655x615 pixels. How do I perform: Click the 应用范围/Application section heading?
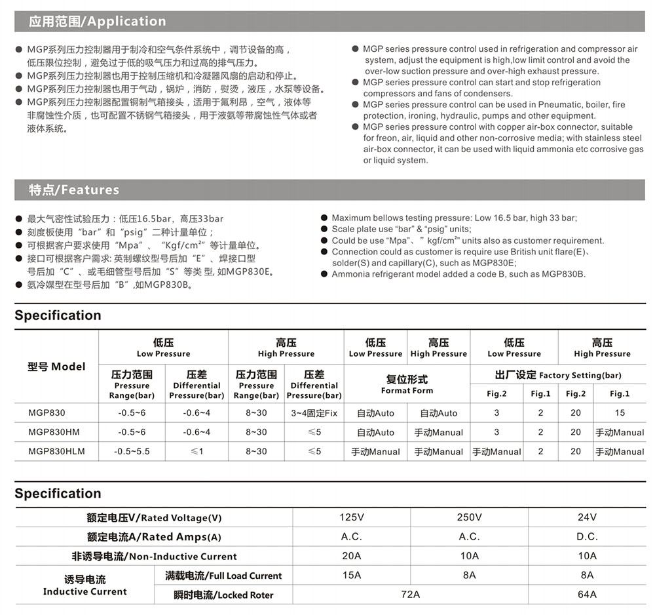97,22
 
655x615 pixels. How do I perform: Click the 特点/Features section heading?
73,190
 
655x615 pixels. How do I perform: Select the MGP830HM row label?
54,432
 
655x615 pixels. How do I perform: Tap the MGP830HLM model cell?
56,451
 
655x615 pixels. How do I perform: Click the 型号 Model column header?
56,367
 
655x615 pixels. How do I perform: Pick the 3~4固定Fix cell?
314,413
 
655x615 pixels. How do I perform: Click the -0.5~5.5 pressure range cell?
132,451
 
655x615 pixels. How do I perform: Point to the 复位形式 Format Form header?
407,384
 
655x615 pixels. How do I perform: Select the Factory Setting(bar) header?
557,375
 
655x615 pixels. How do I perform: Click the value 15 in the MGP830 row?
619,413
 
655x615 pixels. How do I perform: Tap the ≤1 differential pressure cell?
196,451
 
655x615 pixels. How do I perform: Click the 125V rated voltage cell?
351,517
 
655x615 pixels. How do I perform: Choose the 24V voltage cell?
587,517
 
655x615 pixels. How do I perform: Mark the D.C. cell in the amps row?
587,536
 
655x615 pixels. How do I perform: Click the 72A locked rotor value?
410,595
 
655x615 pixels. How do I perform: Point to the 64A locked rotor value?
587,595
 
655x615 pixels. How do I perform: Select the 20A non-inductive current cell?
351,556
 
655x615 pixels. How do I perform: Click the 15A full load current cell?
351,575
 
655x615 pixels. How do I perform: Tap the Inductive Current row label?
85,585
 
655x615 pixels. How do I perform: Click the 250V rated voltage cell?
469,517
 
